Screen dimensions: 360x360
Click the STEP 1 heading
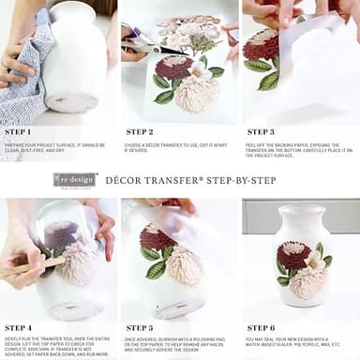coord(17,132)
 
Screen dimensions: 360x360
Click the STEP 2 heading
coord(139,132)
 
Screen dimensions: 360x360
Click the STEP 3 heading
coord(259,132)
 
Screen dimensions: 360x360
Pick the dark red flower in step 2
coord(173,67)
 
